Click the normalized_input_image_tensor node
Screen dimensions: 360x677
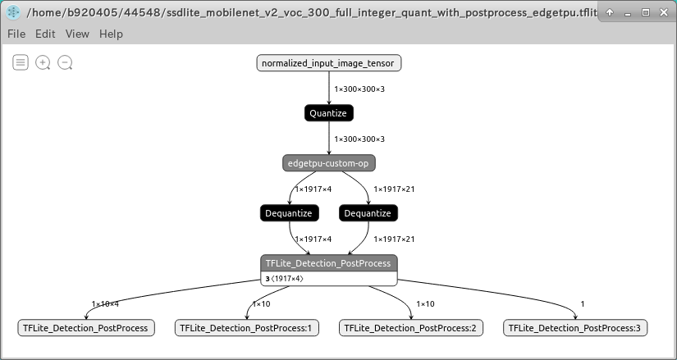point(329,63)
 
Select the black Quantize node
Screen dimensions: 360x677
point(329,113)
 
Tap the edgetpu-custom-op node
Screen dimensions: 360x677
point(329,163)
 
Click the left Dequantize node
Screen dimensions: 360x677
point(288,213)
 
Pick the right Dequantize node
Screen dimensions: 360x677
point(368,213)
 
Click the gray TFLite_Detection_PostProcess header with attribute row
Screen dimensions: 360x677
point(328,263)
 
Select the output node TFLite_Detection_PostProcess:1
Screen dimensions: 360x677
point(247,328)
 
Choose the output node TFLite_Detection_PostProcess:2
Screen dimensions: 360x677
point(411,328)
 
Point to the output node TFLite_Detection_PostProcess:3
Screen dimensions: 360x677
point(575,328)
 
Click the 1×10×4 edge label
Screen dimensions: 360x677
point(105,304)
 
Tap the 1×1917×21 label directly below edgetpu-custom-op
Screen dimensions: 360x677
point(394,189)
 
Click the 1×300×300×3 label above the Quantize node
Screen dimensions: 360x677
point(359,89)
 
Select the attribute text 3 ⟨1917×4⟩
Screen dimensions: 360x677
point(284,279)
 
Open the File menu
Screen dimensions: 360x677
point(16,34)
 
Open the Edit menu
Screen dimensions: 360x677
point(45,34)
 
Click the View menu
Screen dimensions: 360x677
point(77,34)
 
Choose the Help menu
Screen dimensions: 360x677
point(111,34)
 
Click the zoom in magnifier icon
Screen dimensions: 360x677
point(43,62)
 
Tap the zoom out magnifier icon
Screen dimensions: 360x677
point(65,62)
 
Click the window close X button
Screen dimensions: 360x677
point(663,13)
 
